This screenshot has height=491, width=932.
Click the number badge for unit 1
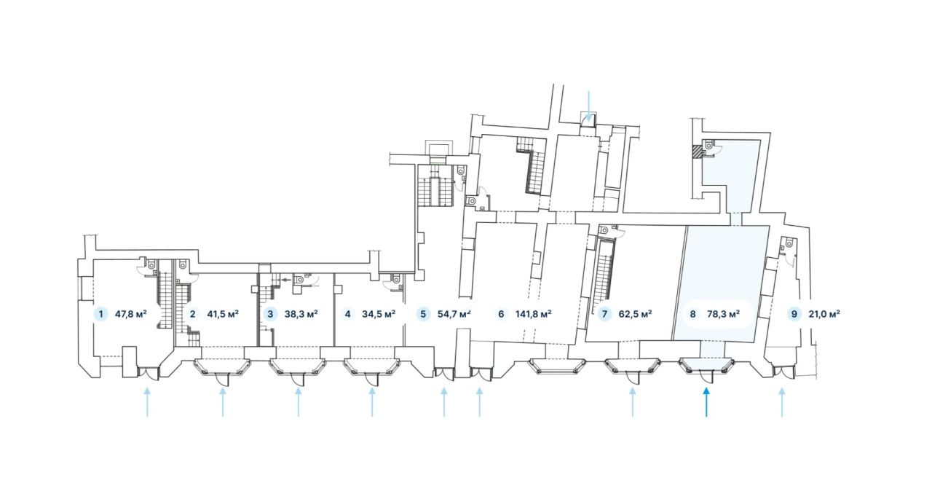coord(100,314)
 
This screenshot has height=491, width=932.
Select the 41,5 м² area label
coord(223,314)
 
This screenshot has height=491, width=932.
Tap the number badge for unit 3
coord(270,314)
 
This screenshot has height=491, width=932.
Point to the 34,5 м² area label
coord(378,314)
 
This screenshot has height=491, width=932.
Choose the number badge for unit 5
coord(423,314)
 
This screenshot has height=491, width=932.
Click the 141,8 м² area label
coord(534,314)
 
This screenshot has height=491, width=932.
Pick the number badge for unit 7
coord(604,314)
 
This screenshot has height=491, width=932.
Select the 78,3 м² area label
coord(724,314)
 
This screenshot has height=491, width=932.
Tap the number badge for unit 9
coord(794,314)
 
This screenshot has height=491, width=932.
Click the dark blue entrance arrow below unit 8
coord(706,402)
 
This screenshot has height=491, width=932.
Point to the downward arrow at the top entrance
coord(589,106)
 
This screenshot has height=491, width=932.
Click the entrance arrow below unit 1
coord(147,402)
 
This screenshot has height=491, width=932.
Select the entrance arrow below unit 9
coord(782,402)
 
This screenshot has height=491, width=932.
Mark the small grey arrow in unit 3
coord(286,280)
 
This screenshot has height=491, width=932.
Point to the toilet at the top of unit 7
coord(604,229)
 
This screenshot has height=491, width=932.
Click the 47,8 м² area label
coord(130,314)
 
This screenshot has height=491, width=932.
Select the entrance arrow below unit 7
coord(633,402)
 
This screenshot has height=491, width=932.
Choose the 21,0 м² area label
coord(824,314)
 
